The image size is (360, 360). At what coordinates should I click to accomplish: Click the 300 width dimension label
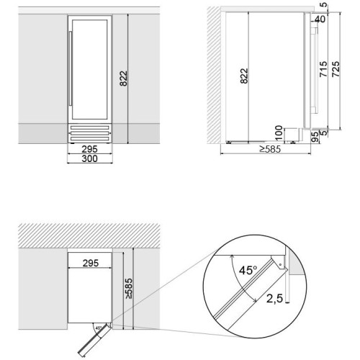pyautogui.click(x=90, y=158)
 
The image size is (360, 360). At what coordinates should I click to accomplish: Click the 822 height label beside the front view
pyautogui.click(x=124, y=78)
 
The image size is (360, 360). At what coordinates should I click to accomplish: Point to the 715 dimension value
pyautogui.click(x=323, y=69)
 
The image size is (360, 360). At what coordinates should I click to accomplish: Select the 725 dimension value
pyautogui.click(x=336, y=69)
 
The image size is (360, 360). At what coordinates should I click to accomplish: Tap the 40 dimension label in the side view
pyautogui.click(x=320, y=19)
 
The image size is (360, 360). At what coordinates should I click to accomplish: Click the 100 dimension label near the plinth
pyautogui.click(x=279, y=133)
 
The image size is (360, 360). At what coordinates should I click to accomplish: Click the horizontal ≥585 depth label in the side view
pyautogui.click(x=270, y=149)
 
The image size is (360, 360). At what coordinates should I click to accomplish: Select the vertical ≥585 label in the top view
pyautogui.click(x=128, y=288)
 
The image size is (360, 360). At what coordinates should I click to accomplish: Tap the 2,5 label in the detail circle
pyautogui.click(x=274, y=299)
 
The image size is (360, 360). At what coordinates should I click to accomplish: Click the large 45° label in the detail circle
pyautogui.click(x=248, y=271)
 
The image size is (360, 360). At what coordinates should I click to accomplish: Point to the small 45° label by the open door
pyautogui.click(x=99, y=328)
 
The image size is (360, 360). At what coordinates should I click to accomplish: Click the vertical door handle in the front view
pyautogui.click(x=71, y=68)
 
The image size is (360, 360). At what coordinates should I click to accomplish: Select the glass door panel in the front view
pyautogui.click(x=89, y=69)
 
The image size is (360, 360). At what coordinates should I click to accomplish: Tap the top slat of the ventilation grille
pyautogui.click(x=90, y=127)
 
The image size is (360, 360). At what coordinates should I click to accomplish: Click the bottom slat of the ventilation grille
pyautogui.click(x=90, y=139)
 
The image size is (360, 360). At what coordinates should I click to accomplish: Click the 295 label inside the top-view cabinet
pyautogui.click(x=91, y=263)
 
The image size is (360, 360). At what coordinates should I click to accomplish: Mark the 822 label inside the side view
pyautogui.click(x=244, y=76)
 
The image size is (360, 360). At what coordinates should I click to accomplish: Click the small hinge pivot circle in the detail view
pyautogui.click(x=280, y=265)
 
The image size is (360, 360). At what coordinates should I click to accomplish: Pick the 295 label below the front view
pyautogui.click(x=90, y=149)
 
